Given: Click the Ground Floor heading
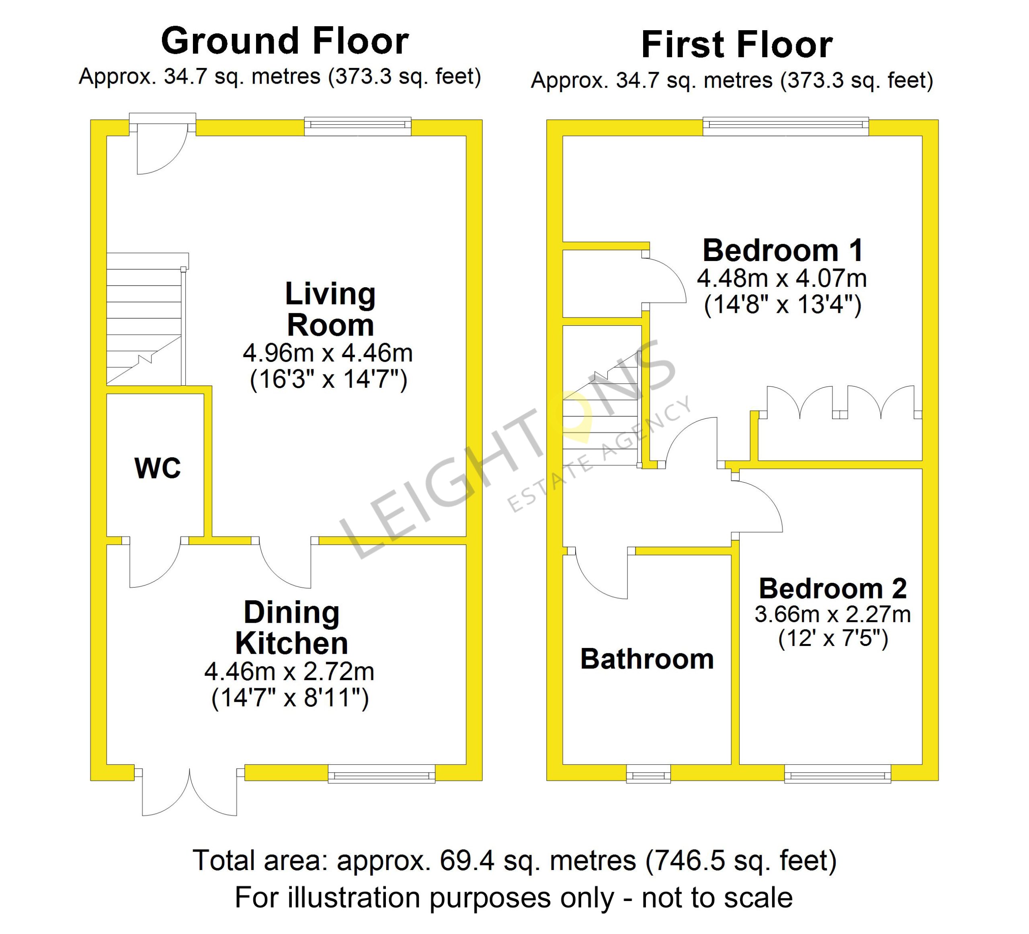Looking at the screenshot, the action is pos(285,41).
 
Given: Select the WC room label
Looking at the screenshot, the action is pos(158,468).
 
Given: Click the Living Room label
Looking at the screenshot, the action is pos(330,309).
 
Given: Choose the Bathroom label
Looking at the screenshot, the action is pos(647,659).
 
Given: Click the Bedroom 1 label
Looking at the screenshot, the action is pos(783,250).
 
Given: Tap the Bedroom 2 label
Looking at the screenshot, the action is pos(832,588).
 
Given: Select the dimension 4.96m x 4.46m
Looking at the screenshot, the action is pos(328,353).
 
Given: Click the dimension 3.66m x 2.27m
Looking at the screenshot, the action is pos(832,614).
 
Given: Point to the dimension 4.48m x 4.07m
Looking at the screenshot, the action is pos(782,278).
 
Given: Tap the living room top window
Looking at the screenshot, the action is pos(358,126).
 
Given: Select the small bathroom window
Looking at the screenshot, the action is pos(648,774).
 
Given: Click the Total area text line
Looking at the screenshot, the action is pos(514,860).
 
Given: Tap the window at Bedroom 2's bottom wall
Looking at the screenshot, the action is pos(838,774).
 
